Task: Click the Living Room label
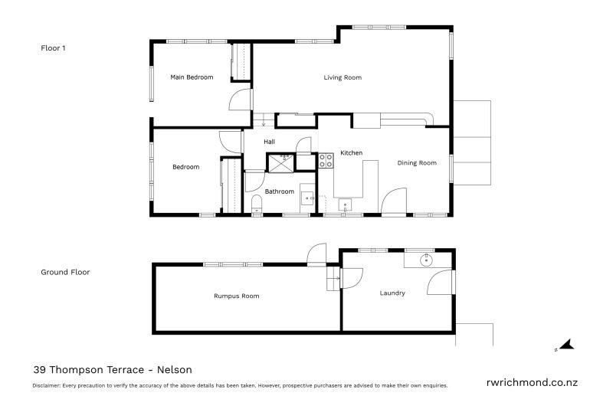pyautogui.click(x=342, y=77)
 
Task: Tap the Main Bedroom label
pyautogui.click(x=191, y=77)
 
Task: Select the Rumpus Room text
pyautogui.click(x=236, y=296)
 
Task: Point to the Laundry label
pyautogui.click(x=392, y=293)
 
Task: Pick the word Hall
pyautogui.click(x=269, y=142)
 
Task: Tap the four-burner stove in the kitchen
pyautogui.click(x=325, y=161)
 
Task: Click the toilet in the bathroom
pyautogui.click(x=257, y=203)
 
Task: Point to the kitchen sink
pyautogui.click(x=346, y=204)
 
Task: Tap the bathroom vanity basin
pyautogui.click(x=308, y=198)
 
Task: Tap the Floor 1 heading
pyautogui.click(x=53, y=47)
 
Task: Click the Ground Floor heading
pyautogui.click(x=65, y=272)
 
